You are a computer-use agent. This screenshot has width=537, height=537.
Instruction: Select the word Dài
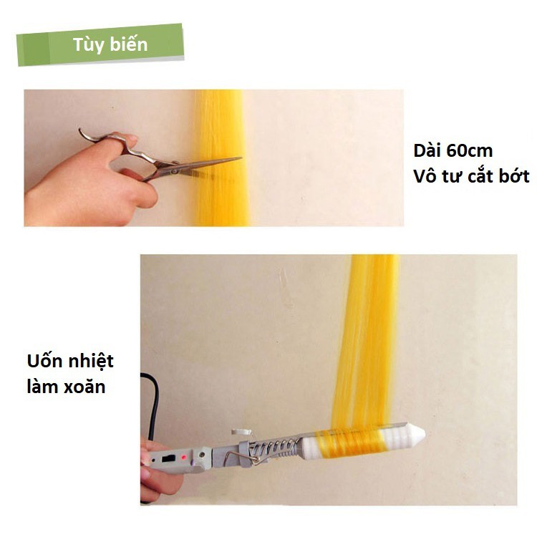pos(427,150)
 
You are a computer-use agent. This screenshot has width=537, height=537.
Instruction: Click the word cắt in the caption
pos(481,176)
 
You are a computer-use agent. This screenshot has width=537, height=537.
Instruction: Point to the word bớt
pos(513,176)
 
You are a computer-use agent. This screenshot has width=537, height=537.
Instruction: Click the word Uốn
pos(44,361)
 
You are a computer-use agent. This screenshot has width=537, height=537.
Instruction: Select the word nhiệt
pos(91,362)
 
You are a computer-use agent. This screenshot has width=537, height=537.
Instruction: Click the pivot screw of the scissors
pos(175,170)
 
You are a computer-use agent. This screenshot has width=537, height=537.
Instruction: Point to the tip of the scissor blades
pos(241,158)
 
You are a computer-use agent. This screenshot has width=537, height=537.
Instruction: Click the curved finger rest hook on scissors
pos(87,135)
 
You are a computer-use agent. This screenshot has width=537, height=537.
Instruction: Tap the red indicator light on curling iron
pos(184,457)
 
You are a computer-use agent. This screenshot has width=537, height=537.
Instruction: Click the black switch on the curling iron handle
pos(168,458)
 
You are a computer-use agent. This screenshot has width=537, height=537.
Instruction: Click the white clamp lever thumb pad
pos(241,432)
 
